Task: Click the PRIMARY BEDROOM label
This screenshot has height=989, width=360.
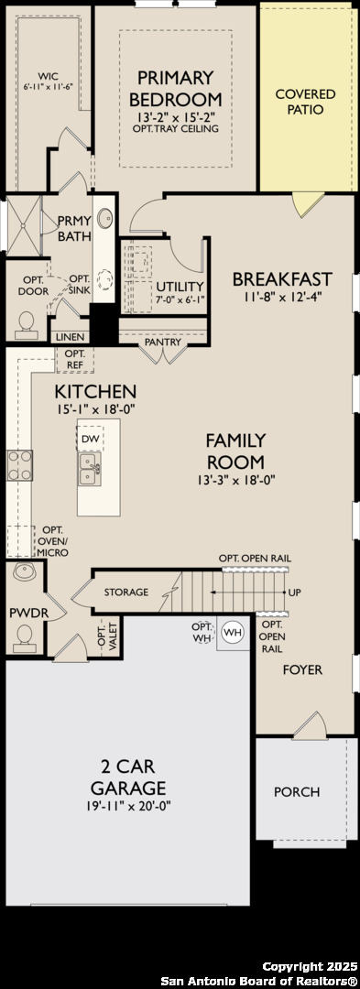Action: [176, 88]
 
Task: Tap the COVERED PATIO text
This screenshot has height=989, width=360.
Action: [306, 102]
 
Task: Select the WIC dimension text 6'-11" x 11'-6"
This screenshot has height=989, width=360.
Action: [48, 86]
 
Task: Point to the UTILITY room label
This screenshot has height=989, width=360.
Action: [180, 286]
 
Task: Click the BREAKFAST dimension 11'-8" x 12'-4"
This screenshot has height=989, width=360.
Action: [281, 297]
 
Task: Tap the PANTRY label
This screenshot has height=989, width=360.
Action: [163, 342]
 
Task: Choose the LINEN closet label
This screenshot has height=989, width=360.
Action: [70, 337]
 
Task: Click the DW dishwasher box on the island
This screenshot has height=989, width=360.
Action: [90, 439]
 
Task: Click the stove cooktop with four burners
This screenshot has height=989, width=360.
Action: [19, 465]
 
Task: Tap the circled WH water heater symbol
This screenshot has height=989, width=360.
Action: [234, 632]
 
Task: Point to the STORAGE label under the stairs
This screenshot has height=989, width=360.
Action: [126, 592]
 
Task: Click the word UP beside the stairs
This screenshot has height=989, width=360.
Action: [294, 592]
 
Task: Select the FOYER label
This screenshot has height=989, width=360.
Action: [302, 669]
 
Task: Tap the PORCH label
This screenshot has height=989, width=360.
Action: [296, 792]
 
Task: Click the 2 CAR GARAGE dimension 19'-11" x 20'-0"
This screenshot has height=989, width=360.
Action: [128, 807]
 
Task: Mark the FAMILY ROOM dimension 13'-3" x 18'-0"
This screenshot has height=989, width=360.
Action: [235, 480]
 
